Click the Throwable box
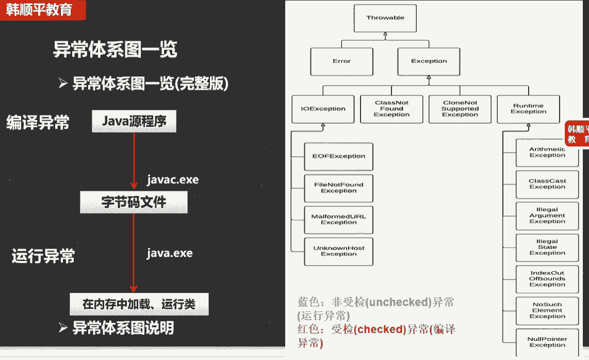[385, 18]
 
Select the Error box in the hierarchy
[341, 61]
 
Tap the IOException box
[323, 109]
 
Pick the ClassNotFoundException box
[391, 109]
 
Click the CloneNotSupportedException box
[460, 109]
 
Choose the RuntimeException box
[528, 109]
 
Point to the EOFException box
[338, 156]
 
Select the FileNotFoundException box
[338, 188]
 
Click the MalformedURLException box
[338, 219]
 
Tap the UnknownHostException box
[338, 251]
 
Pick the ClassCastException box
[547, 184]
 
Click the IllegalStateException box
[547, 247]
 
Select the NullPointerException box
[547, 342]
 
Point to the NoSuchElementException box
[547, 310]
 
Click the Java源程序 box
[134, 122]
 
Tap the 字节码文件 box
[134, 202]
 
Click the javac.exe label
[172, 180]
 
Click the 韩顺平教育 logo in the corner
[39, 10]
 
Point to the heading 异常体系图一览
[115, 50]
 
